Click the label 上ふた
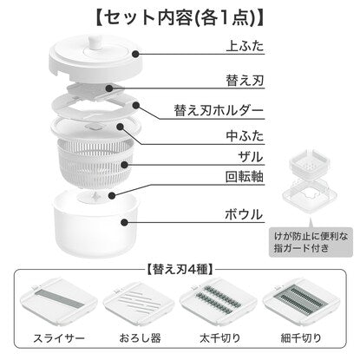coord(245,47)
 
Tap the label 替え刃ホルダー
coord(219,110)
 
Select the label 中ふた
coord(245,135)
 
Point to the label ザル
coord(251,157)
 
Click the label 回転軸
coord(245,176)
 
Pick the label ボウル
coord(244,214)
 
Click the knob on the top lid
coord(95,44)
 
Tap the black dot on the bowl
coord(124,222)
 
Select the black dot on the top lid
coord(135,54)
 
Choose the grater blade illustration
coord(139,301)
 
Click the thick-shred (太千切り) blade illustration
coord(219,300)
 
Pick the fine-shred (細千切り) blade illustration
coord(301,300)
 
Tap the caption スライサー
coord(59,337)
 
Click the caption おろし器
coord(140,337)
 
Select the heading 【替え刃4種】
coord(180,270)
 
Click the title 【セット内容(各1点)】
coord(180,18)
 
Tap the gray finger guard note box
coord(311,242)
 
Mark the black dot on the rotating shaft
coord(112,195)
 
